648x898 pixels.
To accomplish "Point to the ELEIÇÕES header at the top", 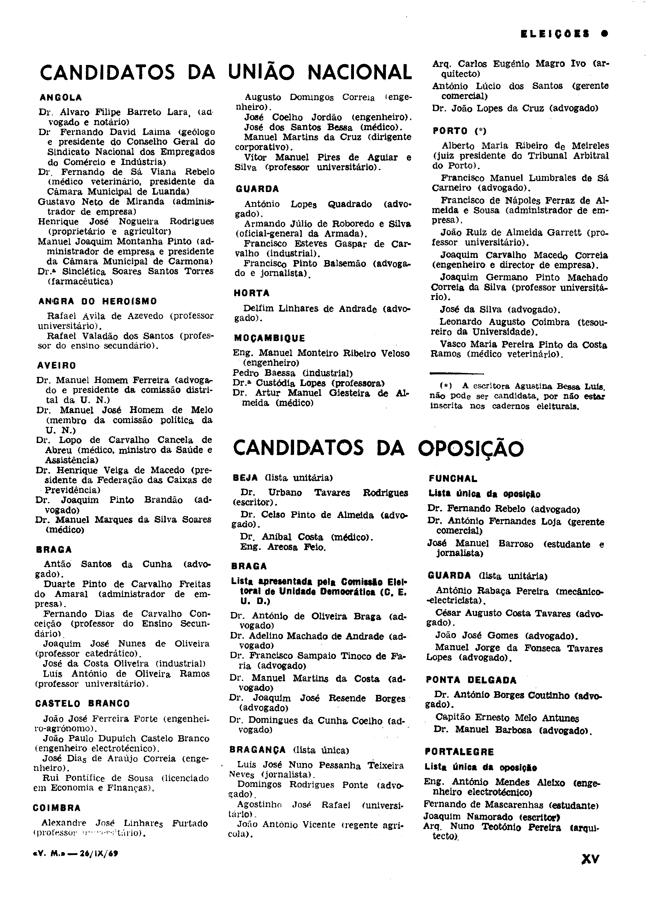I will (x=555, y=34).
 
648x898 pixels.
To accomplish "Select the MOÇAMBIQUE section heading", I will (x=270, y=338).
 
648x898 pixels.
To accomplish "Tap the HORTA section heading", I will (x=252, y=293).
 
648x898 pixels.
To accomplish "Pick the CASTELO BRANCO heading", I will (x=82, y=704).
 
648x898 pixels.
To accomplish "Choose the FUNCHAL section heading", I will (x=453, y=479).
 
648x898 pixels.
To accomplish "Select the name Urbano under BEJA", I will (x=285, y=493).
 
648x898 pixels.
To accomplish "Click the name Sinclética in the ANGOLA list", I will (x=84, y=272).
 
